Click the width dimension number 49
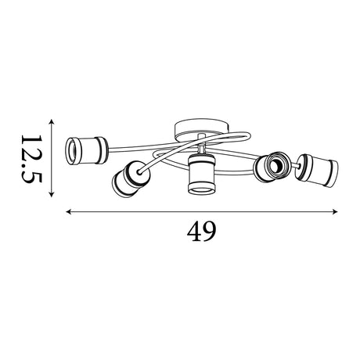tap(201, 232)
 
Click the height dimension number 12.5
tap(31, 159)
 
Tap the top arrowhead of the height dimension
tap(52, 122)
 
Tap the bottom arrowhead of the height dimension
tap(52, 194)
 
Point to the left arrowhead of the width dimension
tap(69, 211)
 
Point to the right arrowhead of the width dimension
tap(335, 211)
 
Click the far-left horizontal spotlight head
tap(86, 151)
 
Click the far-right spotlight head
tap(317, 170)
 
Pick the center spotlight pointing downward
tap(201, 174)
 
